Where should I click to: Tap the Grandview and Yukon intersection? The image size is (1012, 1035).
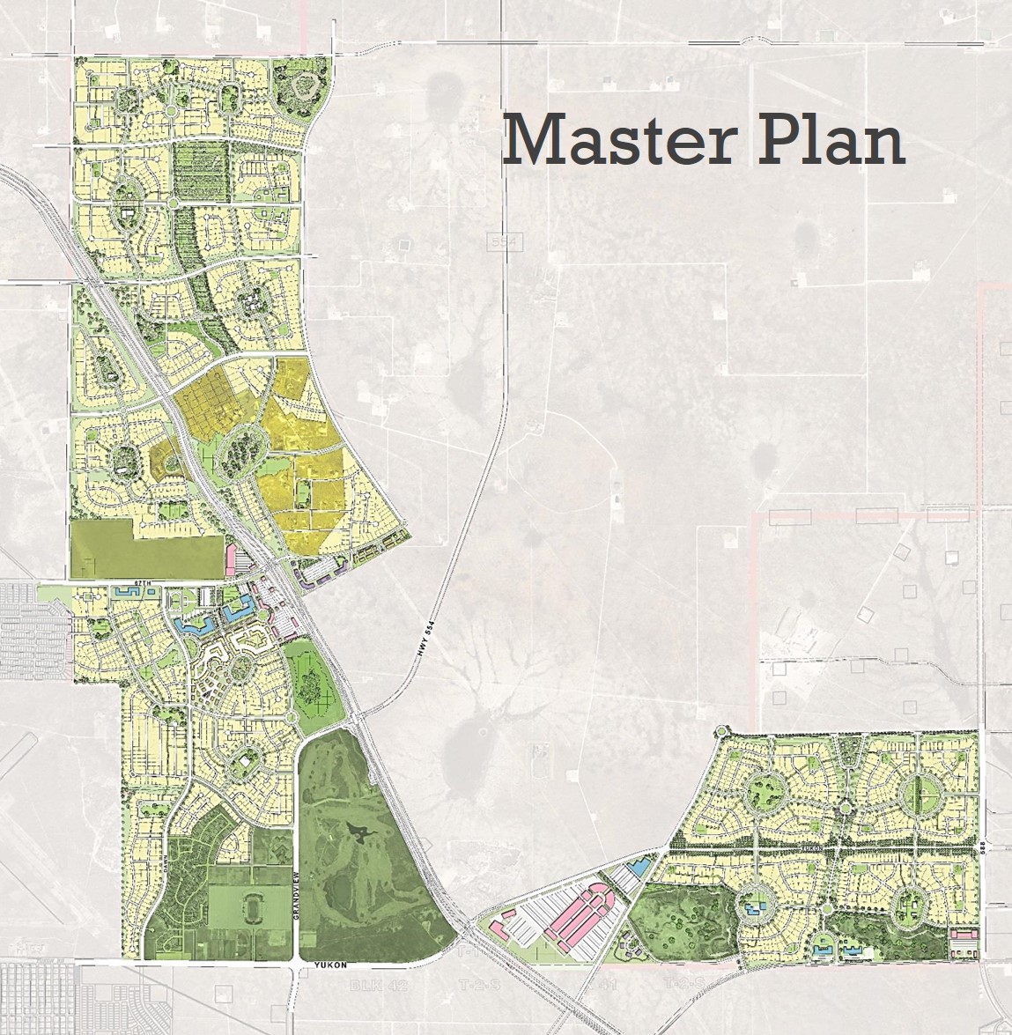[297, 966]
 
